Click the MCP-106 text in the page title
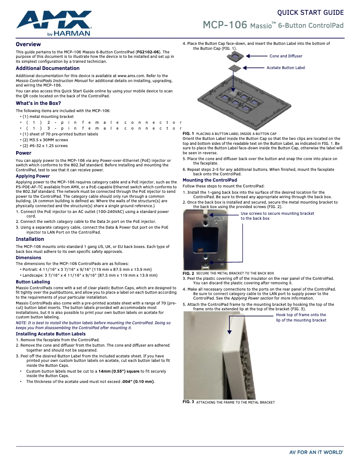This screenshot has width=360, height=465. (225, 25)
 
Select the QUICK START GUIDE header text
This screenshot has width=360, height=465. (310, 13)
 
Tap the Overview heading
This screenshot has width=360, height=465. (28, 44)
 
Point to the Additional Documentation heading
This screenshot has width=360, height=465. (48, 69)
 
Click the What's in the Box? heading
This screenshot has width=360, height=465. (38, 104)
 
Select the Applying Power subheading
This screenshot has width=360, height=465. (33, 176)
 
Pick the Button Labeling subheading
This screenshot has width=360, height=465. (33, 282)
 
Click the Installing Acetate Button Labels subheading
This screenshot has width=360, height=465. (50, 334)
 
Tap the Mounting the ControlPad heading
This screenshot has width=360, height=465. (210, 180)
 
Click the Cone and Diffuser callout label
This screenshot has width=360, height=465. (286, 56)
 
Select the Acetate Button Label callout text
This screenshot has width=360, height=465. (286, 68)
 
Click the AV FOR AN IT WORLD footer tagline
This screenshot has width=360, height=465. (316, 452)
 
